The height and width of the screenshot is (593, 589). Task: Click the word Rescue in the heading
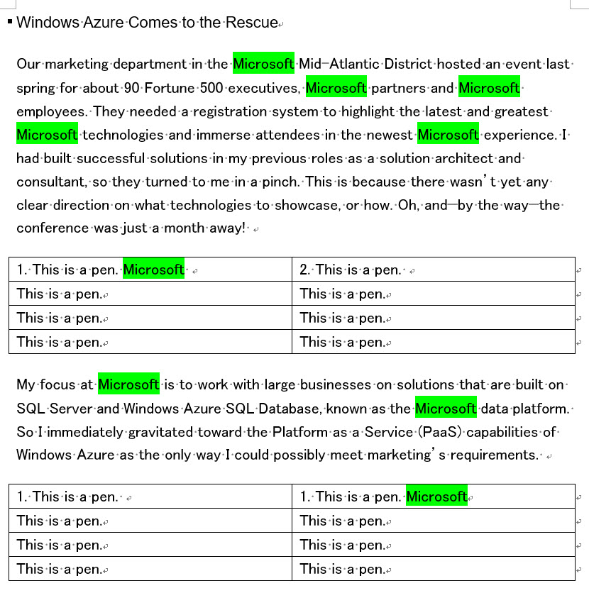[x=251, y=23]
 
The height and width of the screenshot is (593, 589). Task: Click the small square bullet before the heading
[x=9, y=22]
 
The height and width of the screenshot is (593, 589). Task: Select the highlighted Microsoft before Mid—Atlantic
[x=263, y=65]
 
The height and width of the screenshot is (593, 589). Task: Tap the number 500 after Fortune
[x=211, y=88]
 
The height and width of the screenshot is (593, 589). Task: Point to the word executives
[x=265, y=88]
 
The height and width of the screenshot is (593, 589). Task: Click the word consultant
[x=51, y=182]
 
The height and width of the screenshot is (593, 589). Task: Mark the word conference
[x=53, y=228]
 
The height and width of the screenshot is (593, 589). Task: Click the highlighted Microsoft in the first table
[x=153, y=270]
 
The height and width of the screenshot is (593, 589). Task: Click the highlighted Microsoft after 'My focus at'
[x=128, y=384]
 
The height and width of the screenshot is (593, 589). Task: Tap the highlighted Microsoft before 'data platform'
[x=446, y=409]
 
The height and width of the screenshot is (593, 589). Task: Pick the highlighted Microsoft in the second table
[x=436, y=497]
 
